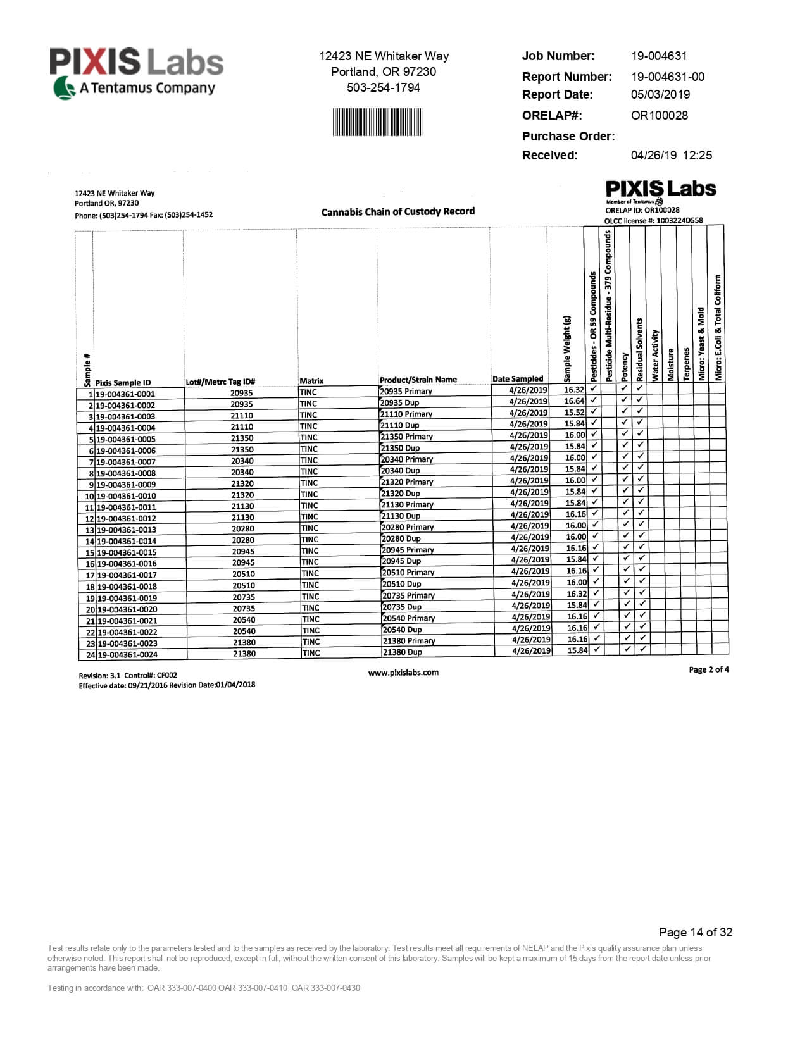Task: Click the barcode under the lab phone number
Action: click(x=377, y=122)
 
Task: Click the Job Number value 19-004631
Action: click(x=658, y=56)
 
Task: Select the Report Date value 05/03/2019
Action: click(x=660, y=94)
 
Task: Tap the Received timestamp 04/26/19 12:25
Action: click(x=671, y=155)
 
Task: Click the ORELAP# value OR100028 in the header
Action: click(x=659, y=115)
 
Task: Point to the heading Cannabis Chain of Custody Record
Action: click(x=397, y=211)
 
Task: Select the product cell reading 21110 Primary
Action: click(x=406, y=414)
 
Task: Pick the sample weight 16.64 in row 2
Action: click(x=574, y=401)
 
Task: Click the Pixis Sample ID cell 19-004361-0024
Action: click(x=127, y=655)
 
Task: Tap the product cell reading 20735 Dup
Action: click(x=402, y=607)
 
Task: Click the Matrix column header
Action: click(x=311, y=381)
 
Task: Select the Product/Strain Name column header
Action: click(x=418, y=380)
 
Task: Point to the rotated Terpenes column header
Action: click(x=686, y=364)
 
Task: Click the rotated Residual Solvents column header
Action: click(x=639, y=349)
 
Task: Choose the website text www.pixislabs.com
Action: click(x=403, y=673)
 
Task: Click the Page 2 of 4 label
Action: click(x=708, y=669)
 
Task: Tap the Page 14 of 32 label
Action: click(x=695, y=932)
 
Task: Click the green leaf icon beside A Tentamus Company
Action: click(x=64, y=88)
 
